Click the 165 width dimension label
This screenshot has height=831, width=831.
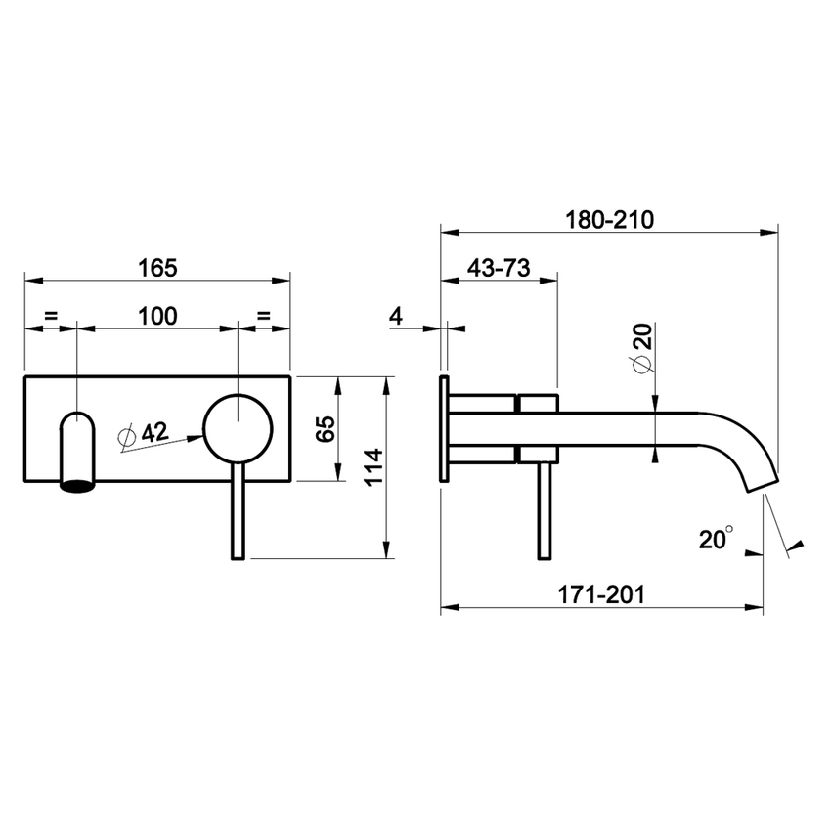click(x=157, y=266)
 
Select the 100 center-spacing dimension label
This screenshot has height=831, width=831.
click(x=157, y=315)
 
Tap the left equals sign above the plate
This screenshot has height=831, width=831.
click(x=51, y=315)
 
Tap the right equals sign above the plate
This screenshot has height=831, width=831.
click(x=264, y=315)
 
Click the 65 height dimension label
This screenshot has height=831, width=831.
click(x=327, y=427)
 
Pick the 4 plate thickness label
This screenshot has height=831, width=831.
click(x=395, y=315)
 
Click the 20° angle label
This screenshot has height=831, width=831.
click(x=716, y=538)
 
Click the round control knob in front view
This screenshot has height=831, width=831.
click(x=237, y=427)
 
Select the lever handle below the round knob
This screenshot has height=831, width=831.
click(x=237, y=513)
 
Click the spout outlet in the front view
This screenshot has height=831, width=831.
click(x=78, y=450)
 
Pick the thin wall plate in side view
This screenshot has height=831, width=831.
click(x=445, y=427)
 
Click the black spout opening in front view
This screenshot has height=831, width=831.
click(x=78, y=483)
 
